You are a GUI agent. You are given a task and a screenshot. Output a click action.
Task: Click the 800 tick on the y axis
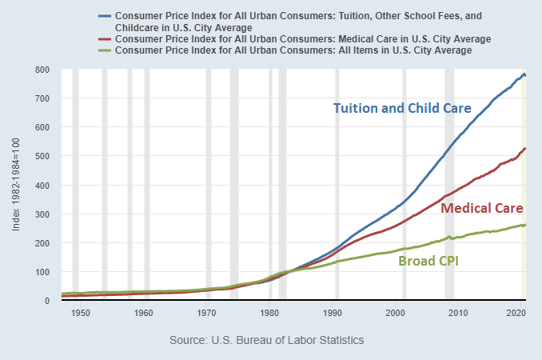coord(42,70)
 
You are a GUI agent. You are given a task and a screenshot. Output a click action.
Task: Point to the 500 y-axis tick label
coord(42,156)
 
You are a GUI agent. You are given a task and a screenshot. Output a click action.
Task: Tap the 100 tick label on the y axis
coord(42,272)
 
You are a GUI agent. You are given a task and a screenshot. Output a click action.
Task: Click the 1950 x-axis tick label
coord(80,312)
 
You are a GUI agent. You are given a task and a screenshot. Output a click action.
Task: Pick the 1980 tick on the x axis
coord(270,312)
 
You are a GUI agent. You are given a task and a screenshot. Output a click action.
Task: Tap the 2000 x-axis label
coord(397,312)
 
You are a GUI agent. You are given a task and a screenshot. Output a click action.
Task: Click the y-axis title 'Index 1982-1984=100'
coord(17,185)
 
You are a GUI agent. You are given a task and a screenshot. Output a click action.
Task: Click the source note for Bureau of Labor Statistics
coord(267,340)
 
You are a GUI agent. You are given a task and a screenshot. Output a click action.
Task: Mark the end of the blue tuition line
coord(524,75)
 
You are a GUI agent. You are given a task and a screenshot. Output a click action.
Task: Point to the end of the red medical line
coord(524,149)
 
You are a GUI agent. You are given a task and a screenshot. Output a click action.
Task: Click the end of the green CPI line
coord(524,225)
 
